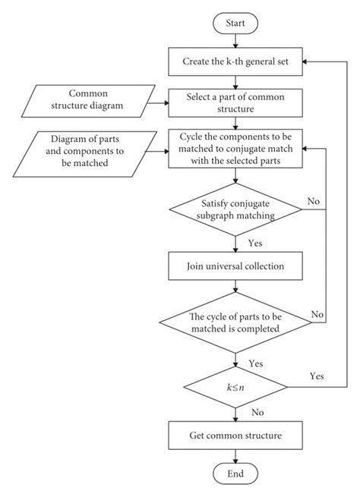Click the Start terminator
[239, 24]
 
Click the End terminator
[239, 474]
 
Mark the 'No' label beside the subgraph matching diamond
[312, 201]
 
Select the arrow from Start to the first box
[239, 39]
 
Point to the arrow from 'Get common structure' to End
[239, 455]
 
